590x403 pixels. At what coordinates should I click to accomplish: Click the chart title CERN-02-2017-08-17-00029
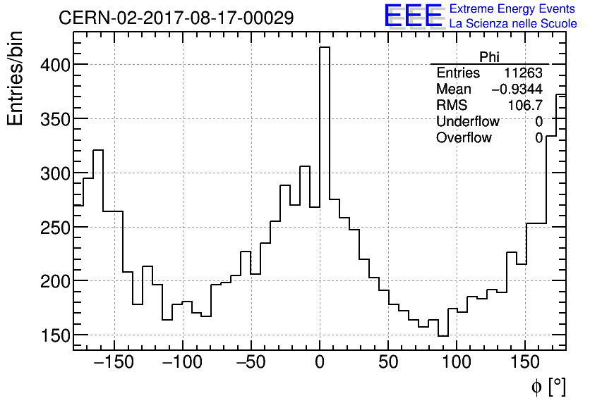176,18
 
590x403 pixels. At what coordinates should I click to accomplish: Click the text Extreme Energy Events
513,9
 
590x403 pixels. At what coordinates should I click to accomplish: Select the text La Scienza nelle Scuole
513,24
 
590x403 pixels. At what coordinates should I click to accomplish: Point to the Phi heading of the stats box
489,57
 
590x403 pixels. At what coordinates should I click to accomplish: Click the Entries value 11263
523,73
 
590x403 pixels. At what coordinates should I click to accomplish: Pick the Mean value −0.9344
517,89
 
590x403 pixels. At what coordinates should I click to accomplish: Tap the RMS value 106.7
525,106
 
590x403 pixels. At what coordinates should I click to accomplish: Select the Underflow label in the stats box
467,122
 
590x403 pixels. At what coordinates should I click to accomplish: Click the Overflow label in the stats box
464,138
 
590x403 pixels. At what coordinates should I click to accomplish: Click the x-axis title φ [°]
548,387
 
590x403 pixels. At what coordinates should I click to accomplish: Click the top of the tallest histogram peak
325,48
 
